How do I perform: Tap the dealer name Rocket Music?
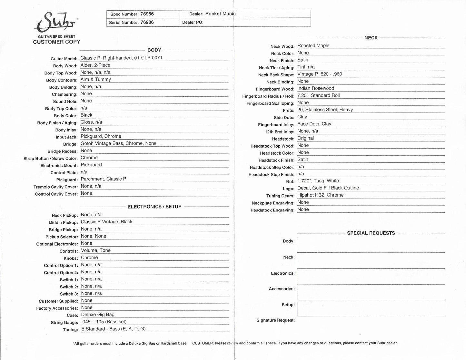[220, 14]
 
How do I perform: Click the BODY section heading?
[154, 50]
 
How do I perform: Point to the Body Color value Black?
[86, 115]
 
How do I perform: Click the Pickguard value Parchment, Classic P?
[103, 179]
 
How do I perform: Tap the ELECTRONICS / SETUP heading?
[154, 207]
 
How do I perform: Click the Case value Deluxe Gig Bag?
[97, 315]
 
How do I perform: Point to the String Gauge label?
[64, 323]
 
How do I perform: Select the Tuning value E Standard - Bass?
[113, 329]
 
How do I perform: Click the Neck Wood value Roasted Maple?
[313, 46]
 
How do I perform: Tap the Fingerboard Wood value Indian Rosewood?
[315, 88]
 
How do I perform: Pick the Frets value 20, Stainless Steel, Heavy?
[325, 110]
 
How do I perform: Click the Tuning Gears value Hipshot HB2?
[320, 195]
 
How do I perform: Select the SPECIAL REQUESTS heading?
[371, 233]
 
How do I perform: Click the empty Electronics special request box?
[371, 277]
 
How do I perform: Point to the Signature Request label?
[275, 320]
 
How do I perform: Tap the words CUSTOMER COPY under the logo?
[56, 42]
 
